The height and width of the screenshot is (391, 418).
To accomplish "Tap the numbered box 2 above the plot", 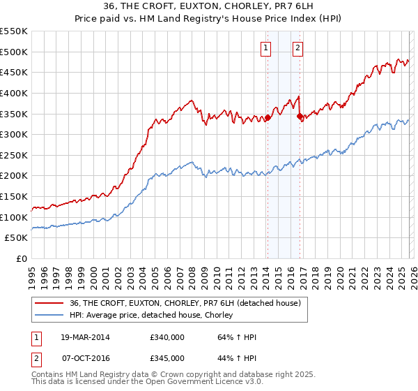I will [x=297, y=48].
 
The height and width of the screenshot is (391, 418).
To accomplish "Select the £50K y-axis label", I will [x=17, y=238].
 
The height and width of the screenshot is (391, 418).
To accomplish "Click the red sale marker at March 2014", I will [x=268, y=118].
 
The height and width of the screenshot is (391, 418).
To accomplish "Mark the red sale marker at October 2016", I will [x=300, y=116].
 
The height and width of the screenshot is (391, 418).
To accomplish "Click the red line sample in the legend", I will [x=49, y=303].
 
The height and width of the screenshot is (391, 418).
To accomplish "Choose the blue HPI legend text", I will [x=151, y=316].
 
